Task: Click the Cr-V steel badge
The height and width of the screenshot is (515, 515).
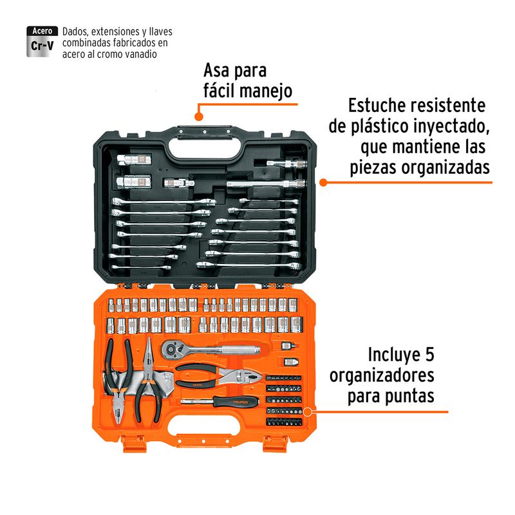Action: (42, 41)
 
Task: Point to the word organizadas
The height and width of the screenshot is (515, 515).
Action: (445, 168)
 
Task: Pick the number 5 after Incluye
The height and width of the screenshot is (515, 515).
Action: (429, 355)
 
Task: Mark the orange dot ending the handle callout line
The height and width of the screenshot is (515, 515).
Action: (198, 117)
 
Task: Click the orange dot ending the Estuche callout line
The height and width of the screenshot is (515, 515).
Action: (323, 182)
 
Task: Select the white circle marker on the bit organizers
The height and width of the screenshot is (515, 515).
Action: (308, 412)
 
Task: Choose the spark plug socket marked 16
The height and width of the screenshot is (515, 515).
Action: (134, 160)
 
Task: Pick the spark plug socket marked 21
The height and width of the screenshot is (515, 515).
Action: (134, 182)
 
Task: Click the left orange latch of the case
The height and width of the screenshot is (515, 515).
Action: (133, 444)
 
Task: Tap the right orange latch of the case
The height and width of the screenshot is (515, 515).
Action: (276, 444)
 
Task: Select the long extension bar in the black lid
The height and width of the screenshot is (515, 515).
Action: (266, 183)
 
